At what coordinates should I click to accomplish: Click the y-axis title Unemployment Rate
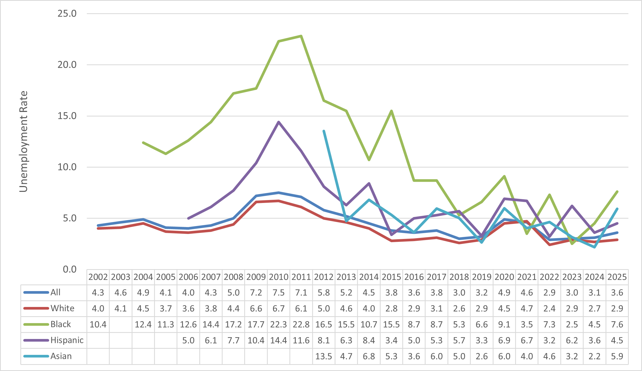pos(24,141)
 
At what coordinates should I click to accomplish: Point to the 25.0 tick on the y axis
pos(67,13)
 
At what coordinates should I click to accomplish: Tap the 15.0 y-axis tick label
pos(67,116)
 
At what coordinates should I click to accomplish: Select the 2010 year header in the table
pos(279,277)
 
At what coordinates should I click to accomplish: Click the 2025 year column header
pos(617,277)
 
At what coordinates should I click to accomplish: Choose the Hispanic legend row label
pos(67,340)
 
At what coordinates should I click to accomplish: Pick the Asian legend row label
pos(61,356)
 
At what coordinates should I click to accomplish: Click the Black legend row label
pos(61,324)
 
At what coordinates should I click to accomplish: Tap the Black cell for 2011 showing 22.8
pos(301,324)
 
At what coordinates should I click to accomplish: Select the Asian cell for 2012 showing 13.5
pos(324,356)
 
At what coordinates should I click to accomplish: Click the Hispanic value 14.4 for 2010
pos(279,340)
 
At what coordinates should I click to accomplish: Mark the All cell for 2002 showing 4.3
pos(98,293)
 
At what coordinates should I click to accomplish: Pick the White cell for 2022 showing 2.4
pos(549,309)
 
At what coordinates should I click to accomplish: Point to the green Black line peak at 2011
pos(301,36)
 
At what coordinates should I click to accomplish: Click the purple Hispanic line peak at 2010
pos(279,122)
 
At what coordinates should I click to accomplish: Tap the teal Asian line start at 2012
pos(324,131)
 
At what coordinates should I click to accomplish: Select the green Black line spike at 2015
pos(391,111)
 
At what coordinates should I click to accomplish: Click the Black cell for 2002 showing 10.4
pos(98,324)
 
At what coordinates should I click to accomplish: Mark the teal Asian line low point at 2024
pos(594,247)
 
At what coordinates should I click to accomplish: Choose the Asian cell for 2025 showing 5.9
pos(617,356)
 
